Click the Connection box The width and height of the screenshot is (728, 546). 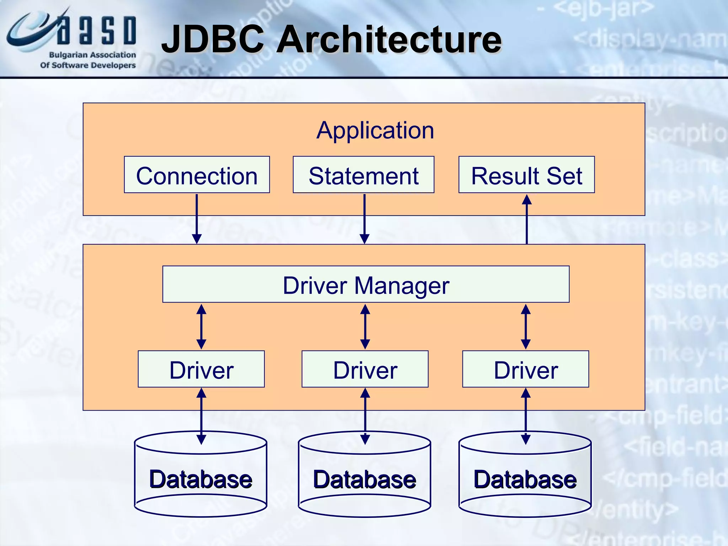click(x=197, y=175)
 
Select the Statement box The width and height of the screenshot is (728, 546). click(x=363, y=175)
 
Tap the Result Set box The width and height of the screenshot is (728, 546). click(x=526, y=175)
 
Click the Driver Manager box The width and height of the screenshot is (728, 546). click(x=366, y=284)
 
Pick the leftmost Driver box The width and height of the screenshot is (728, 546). click(x=201, y=369)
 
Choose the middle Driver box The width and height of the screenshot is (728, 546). click(x=365, y=369)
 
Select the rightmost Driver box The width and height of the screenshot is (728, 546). click(x=525, y=369)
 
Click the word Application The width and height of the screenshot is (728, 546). click(x=375, y=130)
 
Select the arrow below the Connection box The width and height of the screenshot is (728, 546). click(x=197, y=219)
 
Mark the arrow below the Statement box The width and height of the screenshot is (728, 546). click(x=364, y=219)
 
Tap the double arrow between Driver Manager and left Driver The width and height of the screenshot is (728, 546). click(x=201, y=326)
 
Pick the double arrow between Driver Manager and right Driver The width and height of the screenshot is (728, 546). click(x=525, y=326)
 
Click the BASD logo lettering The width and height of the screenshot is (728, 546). click(x=96, y=31)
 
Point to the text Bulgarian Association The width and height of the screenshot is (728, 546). click(x=92, y=55)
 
